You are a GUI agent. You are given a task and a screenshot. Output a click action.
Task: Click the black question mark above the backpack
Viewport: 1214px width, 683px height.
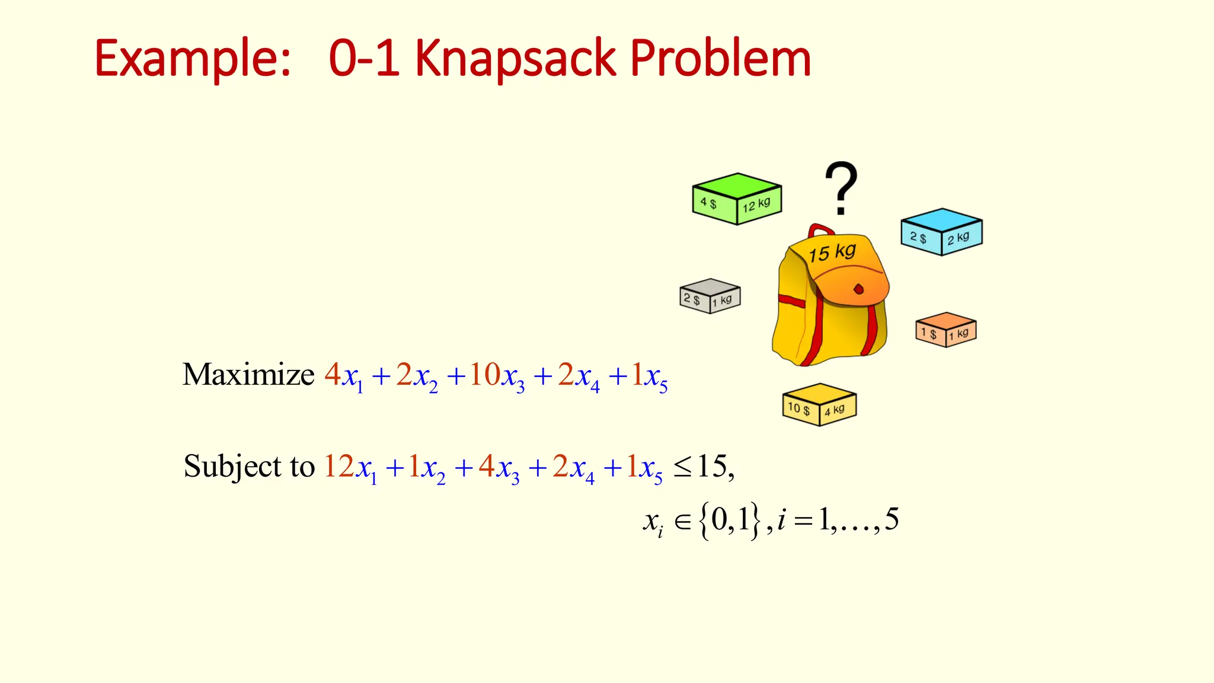pos(841,187)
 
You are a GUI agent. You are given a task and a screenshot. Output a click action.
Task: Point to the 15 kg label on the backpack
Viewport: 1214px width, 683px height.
pos(832,253)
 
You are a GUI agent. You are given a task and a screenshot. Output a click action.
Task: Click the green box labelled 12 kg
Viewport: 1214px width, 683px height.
pos(737,199)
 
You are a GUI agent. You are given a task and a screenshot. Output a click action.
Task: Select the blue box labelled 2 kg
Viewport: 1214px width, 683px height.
pos(941,232)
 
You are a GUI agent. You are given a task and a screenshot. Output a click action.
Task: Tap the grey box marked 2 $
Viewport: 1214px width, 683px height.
pos(710,296)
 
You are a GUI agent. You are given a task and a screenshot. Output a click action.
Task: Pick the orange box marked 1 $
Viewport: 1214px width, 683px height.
pos(945,330)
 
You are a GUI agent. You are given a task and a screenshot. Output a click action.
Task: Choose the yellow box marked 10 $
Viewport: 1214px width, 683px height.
pos(819,404)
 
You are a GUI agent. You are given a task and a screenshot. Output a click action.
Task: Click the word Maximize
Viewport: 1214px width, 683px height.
pos(248,375)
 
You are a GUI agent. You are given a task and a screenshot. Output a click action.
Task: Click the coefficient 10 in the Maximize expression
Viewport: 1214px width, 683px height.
pos(484,375)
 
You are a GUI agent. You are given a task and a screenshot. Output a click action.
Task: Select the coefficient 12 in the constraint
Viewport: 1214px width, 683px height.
pos(338,466)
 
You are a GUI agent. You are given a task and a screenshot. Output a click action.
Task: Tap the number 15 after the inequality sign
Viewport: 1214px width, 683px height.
pos(711,466)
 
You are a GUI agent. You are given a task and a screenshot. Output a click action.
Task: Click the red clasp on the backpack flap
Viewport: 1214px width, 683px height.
pos(858,289)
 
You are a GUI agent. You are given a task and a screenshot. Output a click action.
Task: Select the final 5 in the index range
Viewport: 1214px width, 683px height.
pos(892,519)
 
